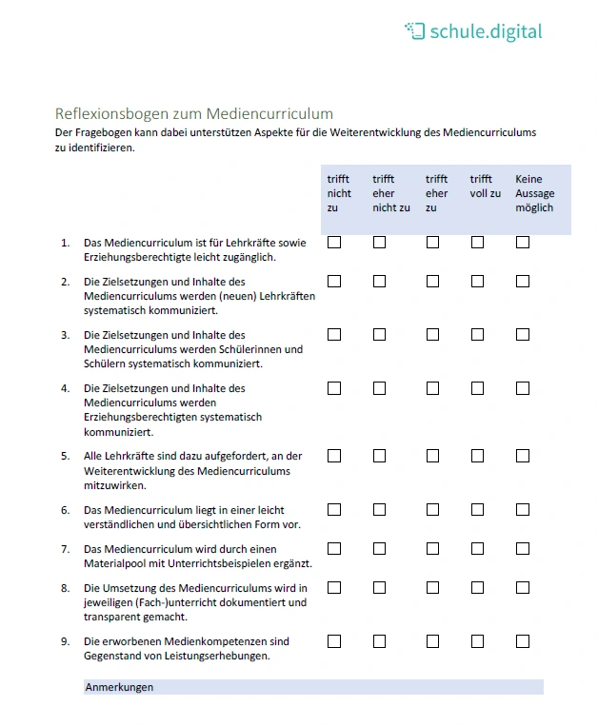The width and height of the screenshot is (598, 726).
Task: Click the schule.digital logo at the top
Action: (x=473, y=31)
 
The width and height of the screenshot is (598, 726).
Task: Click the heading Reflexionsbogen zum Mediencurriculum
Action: (x=193, y=113)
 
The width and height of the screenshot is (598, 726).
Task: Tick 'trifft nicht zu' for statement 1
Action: (x=334, y=243)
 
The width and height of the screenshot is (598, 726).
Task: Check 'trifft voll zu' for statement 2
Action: (x=477, y=282)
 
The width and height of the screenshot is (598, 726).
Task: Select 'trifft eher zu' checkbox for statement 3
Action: (x=432, y=335)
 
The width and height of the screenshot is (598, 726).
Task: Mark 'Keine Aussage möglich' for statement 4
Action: (x=523, y=388)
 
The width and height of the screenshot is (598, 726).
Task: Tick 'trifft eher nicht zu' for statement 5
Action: (x=380, y=456)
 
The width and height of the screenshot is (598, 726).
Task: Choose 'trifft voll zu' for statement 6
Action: (x=477, y=510)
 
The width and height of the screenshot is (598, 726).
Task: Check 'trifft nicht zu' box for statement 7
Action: (x=334, y=549)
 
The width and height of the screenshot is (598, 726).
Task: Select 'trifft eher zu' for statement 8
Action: (x=432, y=588)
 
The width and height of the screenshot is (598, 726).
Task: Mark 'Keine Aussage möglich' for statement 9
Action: (x=523, y=641)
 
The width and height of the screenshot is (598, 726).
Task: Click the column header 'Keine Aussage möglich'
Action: (x=534, y=193)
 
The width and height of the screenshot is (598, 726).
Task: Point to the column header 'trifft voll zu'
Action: (x=485, y=186)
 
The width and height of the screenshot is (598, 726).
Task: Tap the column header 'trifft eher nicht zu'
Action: (x=390, y=193)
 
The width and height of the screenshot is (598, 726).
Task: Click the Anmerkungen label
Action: (x=119, y=687)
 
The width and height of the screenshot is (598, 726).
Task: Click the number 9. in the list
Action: (x=66, y=641)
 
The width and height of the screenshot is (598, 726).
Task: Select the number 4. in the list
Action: (x=66, y=388)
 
